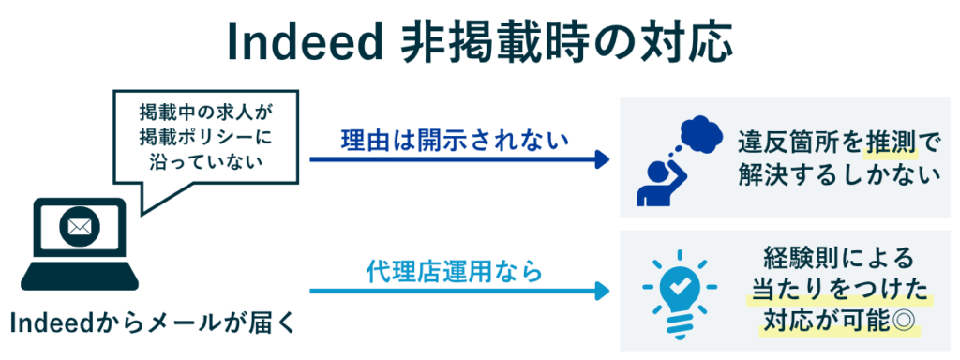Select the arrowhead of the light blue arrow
tap(603, 291)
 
